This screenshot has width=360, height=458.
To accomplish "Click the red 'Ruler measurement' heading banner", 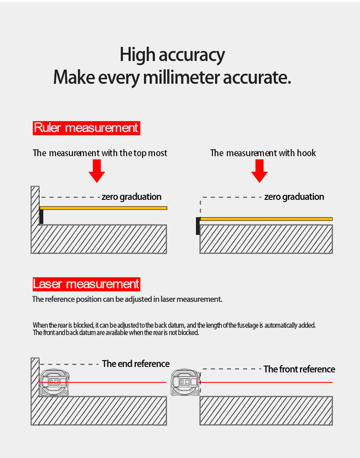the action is [86, 128].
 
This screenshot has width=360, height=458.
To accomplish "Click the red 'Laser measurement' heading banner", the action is [86, 284].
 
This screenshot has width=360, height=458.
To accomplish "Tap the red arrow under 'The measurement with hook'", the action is [259, 171].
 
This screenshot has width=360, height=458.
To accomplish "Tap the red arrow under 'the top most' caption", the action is [97, 171].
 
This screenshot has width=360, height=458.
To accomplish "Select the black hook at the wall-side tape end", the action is [42, 217].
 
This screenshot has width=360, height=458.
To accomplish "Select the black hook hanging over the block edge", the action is [198, 226].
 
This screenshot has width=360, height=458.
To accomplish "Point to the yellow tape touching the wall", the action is [104, 208].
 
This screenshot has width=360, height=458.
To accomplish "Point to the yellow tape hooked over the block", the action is [266, 219].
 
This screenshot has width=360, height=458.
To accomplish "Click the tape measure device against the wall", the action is [54, 382].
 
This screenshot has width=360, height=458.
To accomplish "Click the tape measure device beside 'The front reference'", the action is [185, 382].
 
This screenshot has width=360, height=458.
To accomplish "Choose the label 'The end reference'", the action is [136, 364].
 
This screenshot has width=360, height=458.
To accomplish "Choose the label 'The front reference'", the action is [299, 369].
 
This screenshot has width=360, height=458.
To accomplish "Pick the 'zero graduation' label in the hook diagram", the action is [294, 197].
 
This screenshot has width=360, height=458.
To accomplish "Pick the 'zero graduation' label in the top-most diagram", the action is [132, 197].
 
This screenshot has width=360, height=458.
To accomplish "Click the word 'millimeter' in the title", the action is [181, 77].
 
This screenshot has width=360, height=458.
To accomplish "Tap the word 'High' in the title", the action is [137, 55].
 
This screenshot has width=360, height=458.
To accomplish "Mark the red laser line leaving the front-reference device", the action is [266, 382].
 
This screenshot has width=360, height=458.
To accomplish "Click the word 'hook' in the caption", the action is [307, 153].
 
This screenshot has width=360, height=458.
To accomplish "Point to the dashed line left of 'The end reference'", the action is [70, 364].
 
